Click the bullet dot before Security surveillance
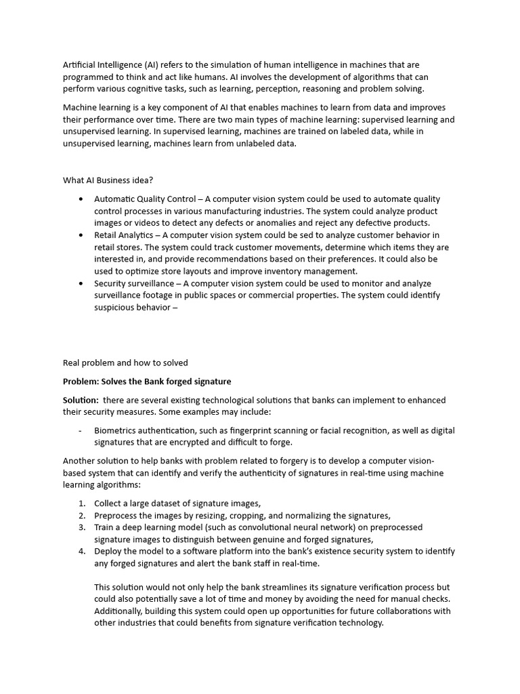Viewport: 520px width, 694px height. coord(81,283)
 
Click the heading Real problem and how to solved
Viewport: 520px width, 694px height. coord(125,363)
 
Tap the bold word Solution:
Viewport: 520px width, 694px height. coord(81,400)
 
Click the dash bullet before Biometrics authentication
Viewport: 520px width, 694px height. coord(81,430)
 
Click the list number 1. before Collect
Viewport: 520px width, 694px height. coord(81,503)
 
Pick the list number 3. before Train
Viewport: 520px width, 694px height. coord(81,527)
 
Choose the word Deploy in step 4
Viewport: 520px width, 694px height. coord(108,551)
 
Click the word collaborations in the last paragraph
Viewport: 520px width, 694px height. coord(399,611)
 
